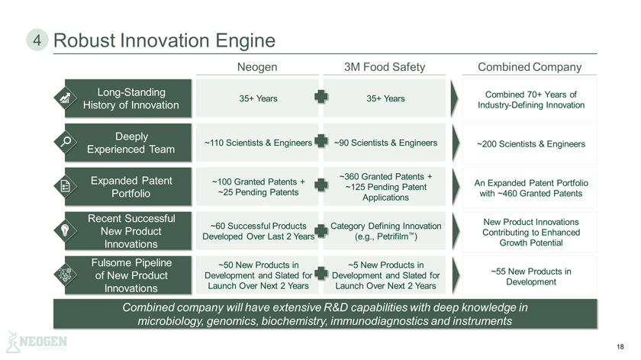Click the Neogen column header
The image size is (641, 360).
pyautogui.click(x=259, y=67)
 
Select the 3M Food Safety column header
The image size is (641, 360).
pyautogui.click(x=385, y=67)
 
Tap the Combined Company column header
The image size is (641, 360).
pyautogui.click(x=530, y=67)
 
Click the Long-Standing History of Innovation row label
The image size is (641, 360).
pyautogui.click(x=133, y=98)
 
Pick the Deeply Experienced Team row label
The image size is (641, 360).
pyautogui.click(x=133, y=143)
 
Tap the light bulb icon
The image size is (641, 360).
pyautogui.click(x=66, y=231)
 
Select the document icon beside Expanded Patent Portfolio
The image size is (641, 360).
pyautogui.click(x=66, y=186)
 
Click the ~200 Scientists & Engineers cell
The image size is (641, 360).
pyautogui.click(x=530, y=143)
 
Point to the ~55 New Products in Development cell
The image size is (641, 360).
pyautogui.click(x=530, y=276)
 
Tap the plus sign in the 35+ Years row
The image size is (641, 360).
pyautogui.click(x=321, y=98)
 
